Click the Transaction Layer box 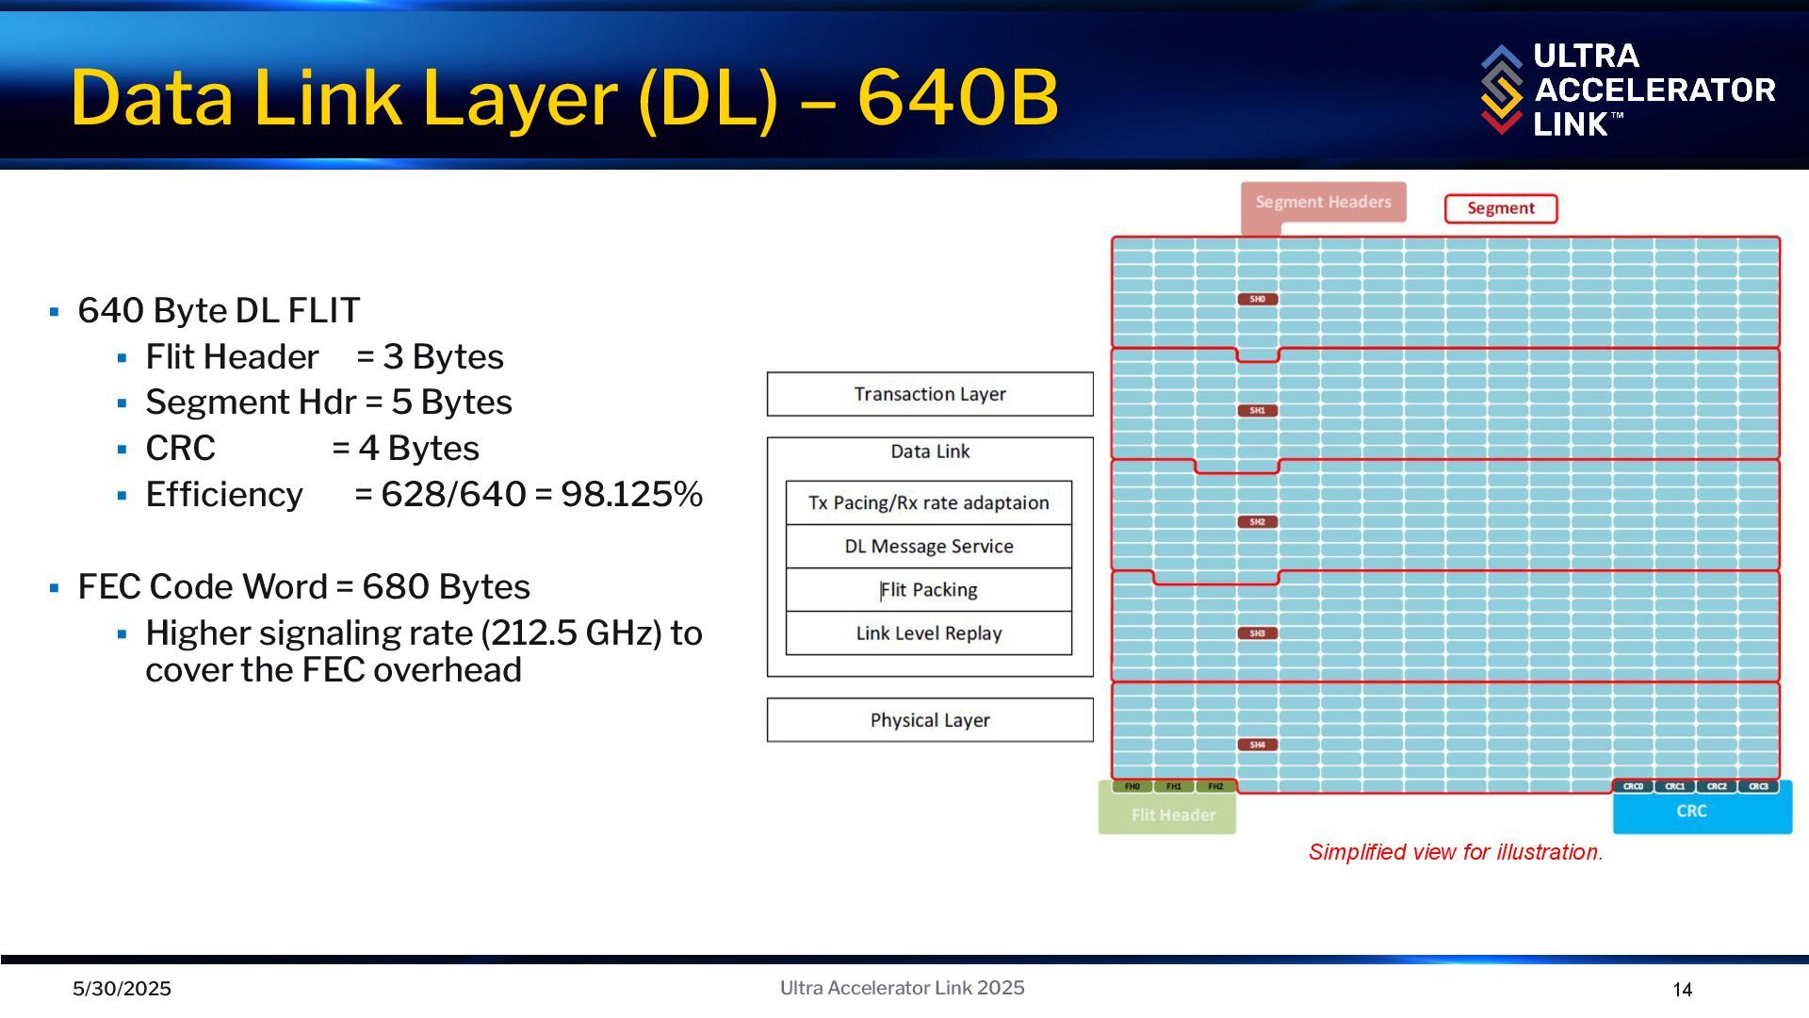[x=930, y=394]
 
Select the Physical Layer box [x=930, y=720]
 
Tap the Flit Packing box [x=929, y=590]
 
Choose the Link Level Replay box [x=929, y=633]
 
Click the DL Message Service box [x=929, y=547]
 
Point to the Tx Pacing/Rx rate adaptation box [x=929, y=503]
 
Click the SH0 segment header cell [x=1258, y=300]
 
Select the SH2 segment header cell [x=1258, y=522]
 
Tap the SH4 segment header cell [x=1258, y=745]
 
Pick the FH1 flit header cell [x=1174, y=786]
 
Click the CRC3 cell [x=1758, y=786]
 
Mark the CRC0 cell [x=1633, y=786]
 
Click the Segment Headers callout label [x=1323, y=202]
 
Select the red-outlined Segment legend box [x=1501, y=208]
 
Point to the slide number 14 [x=1683, y=990]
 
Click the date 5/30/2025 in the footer [x=122, y=989]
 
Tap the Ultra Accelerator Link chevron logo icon [x=1501, y=90]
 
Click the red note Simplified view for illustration [x=1456, y=852]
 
